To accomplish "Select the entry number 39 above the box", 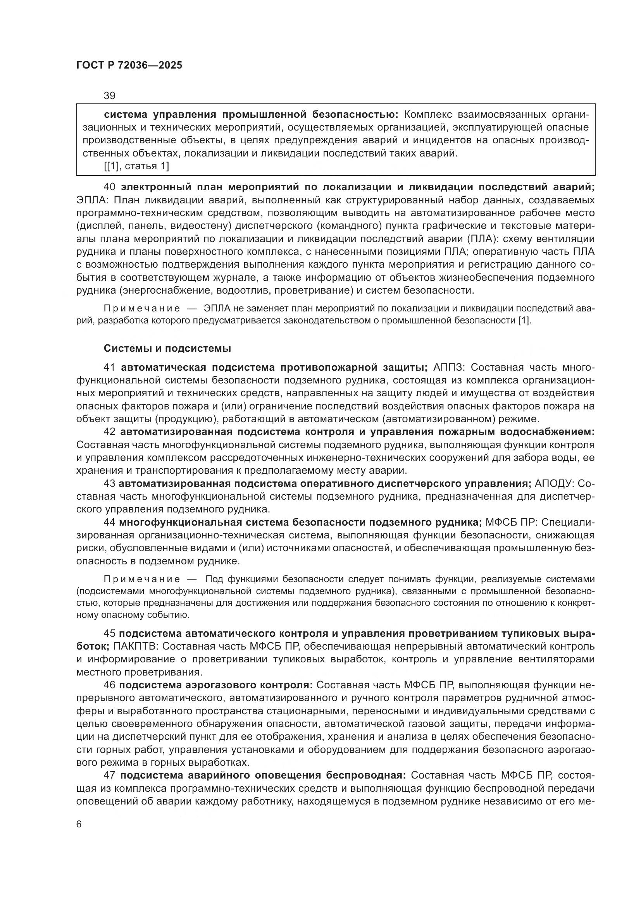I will point(109,96).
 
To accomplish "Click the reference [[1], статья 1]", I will point(136,166).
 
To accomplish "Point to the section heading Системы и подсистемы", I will point(167,349).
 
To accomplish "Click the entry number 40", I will point(109,187).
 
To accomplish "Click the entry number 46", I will point(109,684).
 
